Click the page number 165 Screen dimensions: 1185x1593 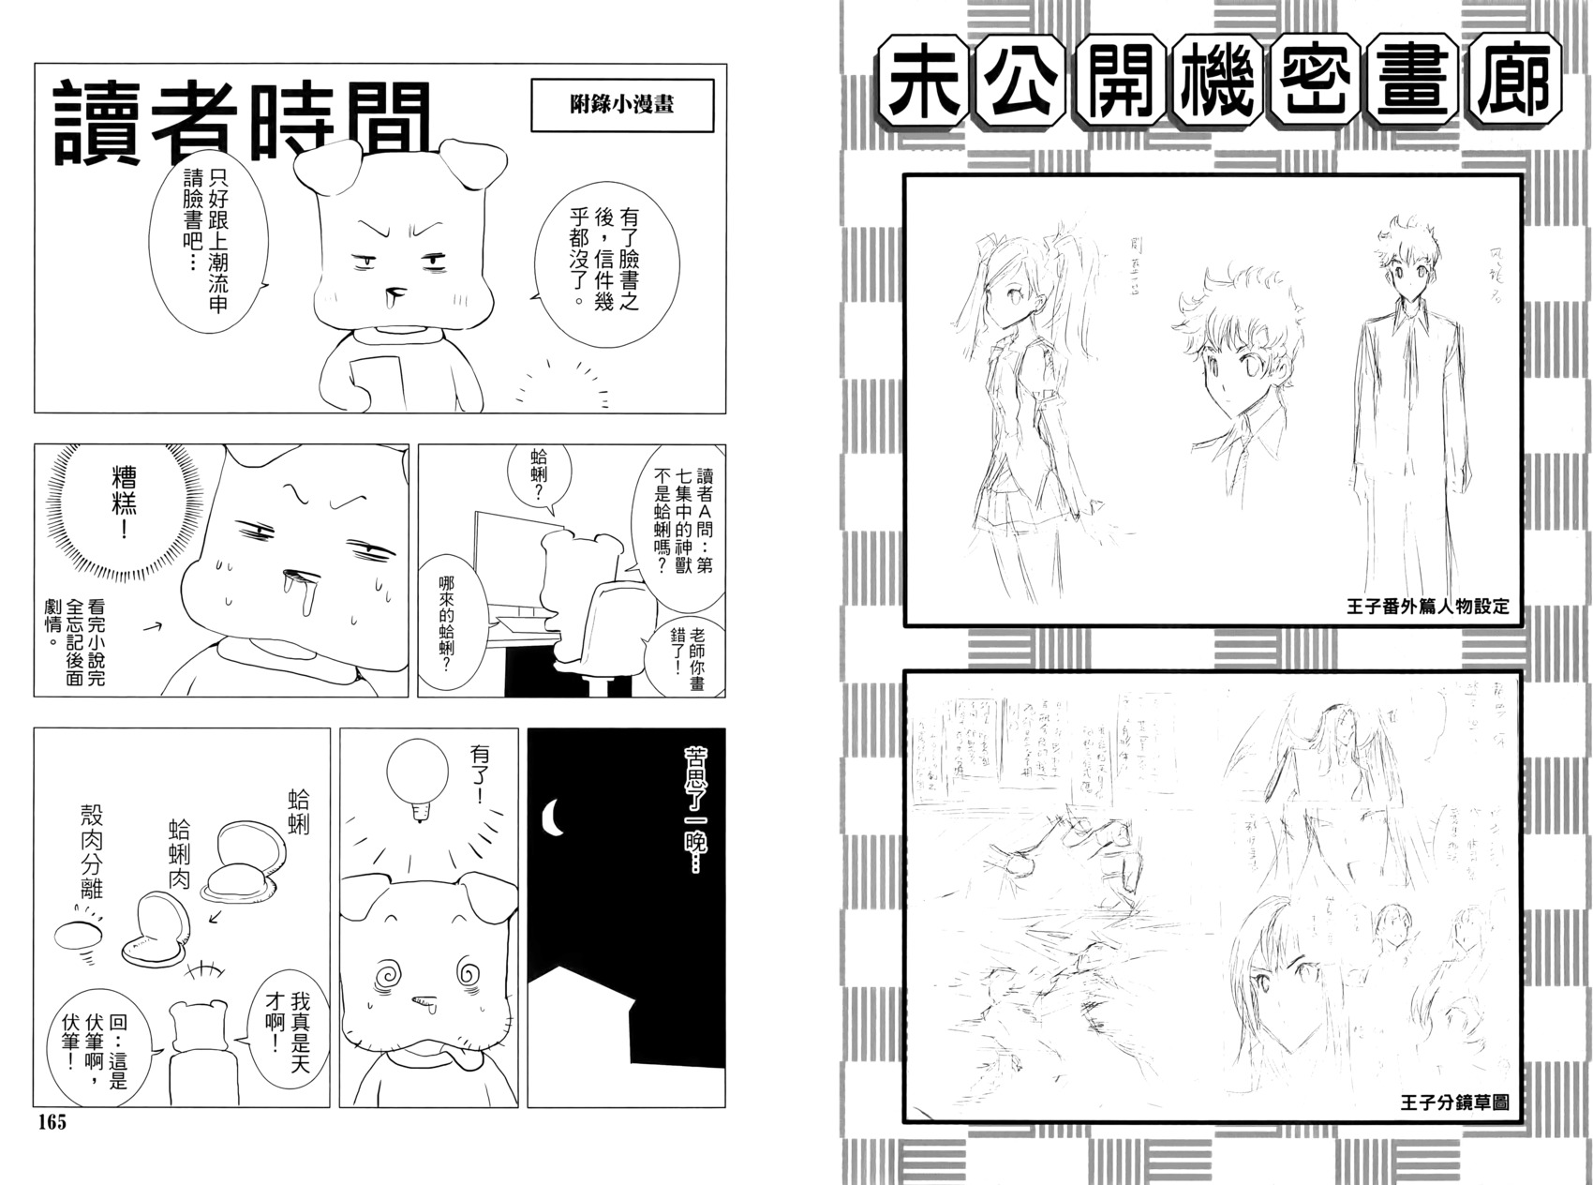[x=52, y=1122]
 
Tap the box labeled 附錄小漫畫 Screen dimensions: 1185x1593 [x=621, y=105]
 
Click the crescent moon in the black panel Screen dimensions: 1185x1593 [x=554, y=816]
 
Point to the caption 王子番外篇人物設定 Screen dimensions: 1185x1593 [x=1426, y=606]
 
